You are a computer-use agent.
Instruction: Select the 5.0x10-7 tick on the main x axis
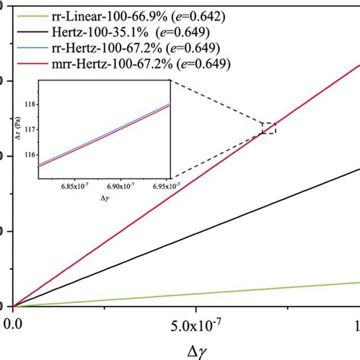(196, 324)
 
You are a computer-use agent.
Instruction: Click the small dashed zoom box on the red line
(269, 128)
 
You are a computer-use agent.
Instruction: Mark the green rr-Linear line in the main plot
(228, 292)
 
